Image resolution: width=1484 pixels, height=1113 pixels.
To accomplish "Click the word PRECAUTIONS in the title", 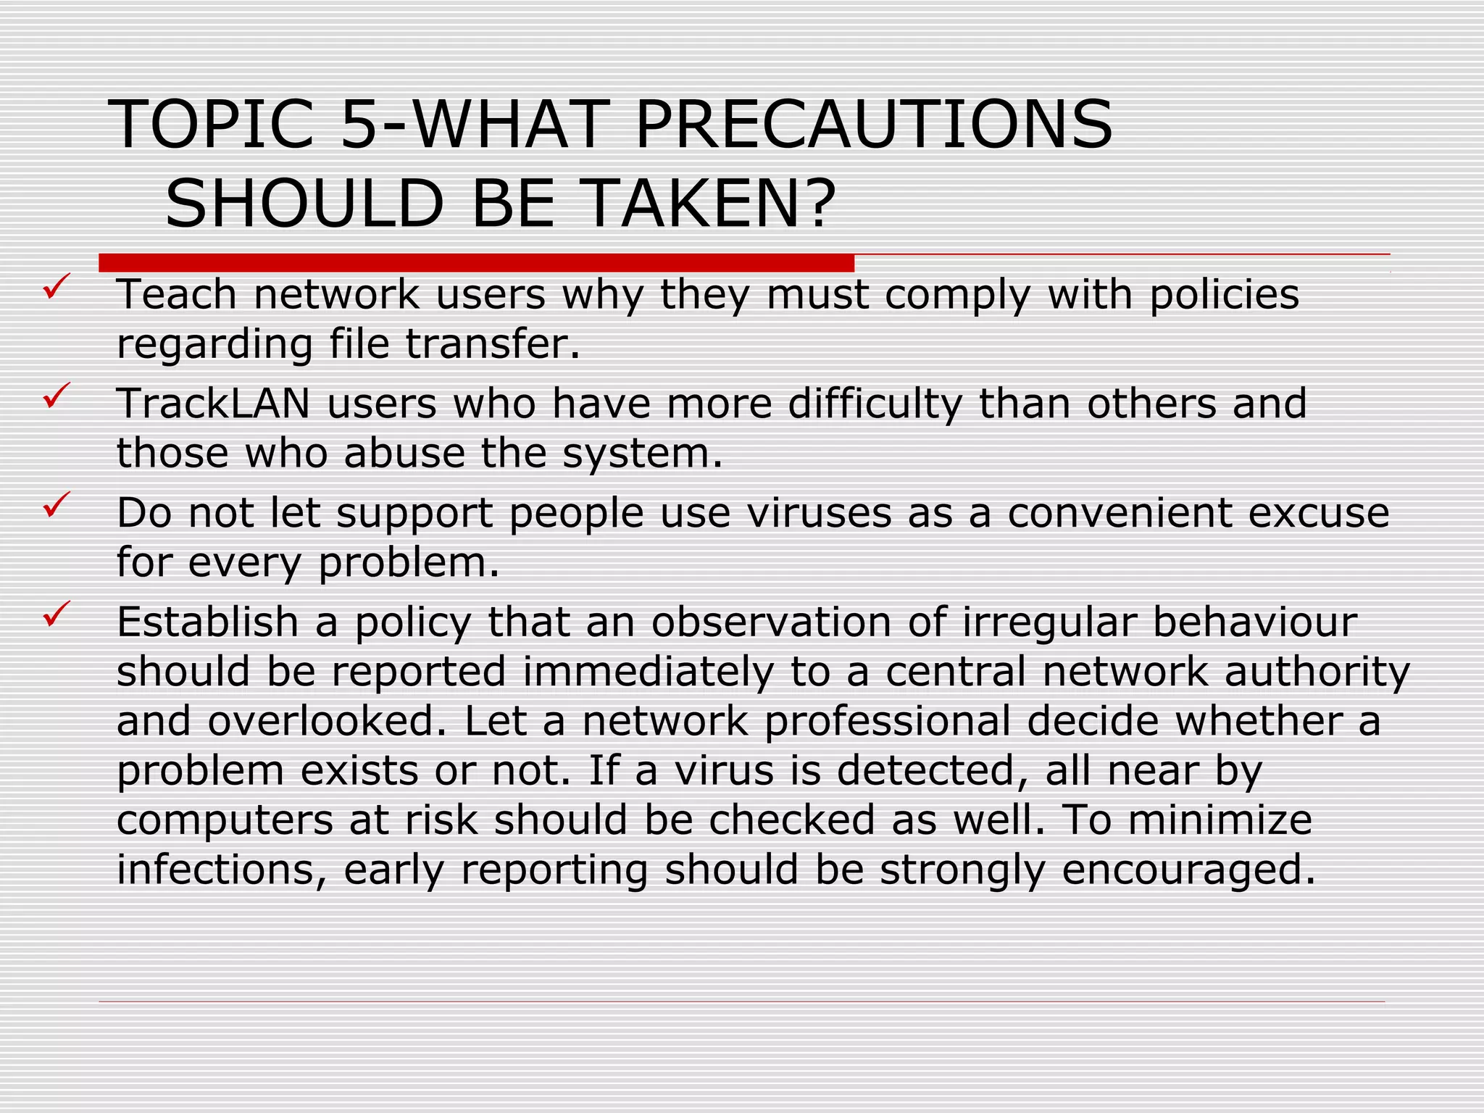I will [x=873, y=125].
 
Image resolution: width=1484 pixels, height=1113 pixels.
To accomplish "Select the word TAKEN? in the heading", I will [x=708, y=204].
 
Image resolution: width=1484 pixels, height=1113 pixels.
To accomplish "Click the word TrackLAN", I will [x=213, y=404].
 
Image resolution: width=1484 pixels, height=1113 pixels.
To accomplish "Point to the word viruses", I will [x=819, y=513].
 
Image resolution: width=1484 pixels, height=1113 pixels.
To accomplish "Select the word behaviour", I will [x=1254, y=622].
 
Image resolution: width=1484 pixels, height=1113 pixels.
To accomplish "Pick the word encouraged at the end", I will [x=1188, y=870].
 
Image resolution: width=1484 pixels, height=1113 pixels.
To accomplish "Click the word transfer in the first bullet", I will [x=493, y=343].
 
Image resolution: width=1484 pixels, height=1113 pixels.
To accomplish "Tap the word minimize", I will [x=1220, y=820].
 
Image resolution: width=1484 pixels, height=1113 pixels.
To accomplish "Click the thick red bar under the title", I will [x=476, y=263].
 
